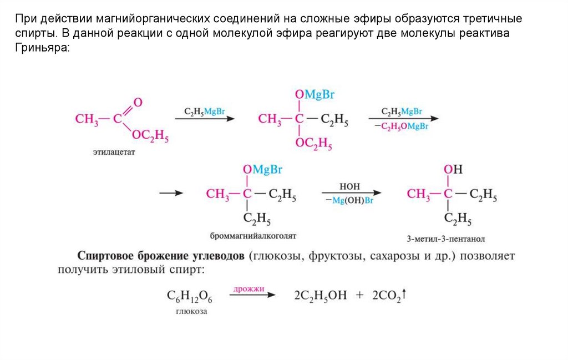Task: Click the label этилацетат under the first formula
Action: coord(114,151)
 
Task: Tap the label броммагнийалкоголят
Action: coord(253,236)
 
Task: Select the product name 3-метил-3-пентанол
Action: coord(445,239)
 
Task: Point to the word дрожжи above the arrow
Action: coord(248,289)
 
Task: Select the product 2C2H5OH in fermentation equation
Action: coord(320,296)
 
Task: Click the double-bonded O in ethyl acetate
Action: coord(138,102)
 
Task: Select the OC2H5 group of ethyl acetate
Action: coord(150,136)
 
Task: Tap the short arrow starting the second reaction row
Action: coord(171,194)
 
